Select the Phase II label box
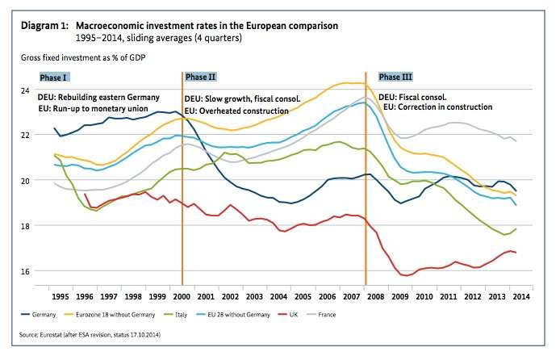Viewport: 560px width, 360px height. pyautogui.click(x=201, y=77)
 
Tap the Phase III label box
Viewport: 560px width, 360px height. pyautogui.click(x=396, y=77)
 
